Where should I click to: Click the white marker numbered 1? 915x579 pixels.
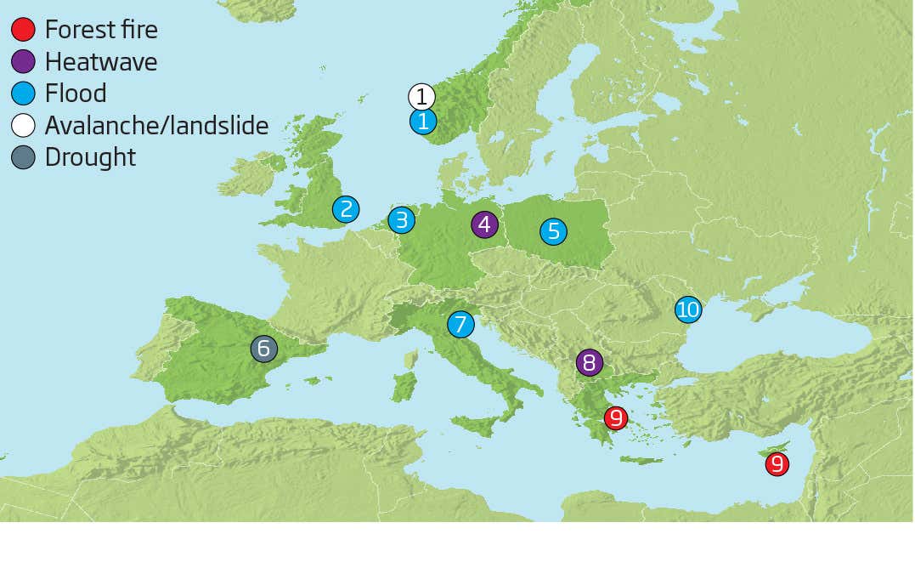421,96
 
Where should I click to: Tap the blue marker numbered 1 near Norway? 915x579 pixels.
422,122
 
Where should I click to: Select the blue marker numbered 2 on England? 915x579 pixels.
345,209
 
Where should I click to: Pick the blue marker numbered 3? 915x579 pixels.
401,220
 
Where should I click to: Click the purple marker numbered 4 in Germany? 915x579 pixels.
484,224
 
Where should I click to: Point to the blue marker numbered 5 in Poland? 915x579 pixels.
553,230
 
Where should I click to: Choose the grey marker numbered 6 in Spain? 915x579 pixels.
263,348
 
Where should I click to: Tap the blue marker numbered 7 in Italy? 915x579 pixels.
460,324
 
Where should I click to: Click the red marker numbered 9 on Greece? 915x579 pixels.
616,417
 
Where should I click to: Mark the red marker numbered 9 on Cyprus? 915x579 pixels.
776,464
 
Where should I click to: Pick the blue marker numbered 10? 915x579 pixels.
687,309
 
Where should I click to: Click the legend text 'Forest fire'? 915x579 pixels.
101,30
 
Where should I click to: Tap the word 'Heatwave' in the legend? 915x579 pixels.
101,62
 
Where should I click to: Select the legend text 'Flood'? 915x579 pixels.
76,94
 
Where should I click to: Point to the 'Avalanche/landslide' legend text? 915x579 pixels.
156,126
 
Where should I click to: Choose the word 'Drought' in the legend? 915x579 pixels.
90,157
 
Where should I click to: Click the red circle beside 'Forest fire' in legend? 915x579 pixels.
23,30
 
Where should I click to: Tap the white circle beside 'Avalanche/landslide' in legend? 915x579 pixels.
23,126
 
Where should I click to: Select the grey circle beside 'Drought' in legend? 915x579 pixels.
23,157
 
